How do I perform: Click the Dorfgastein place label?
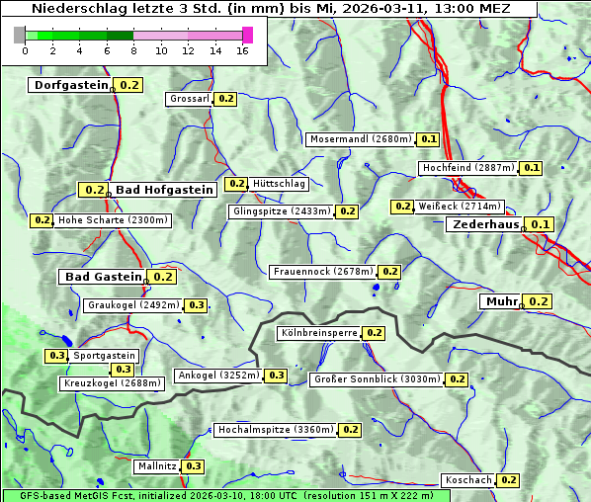tap(70, 85)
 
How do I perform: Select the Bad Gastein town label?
tap(104, 277)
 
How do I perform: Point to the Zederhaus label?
tap(485, 224)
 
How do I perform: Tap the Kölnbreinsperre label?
tap(318, 333)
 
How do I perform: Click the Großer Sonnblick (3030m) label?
tap(376, 379)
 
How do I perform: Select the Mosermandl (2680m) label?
tap(360, 139)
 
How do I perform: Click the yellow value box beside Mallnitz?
tap(193, 465)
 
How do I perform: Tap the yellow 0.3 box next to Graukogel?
tap(196, 305)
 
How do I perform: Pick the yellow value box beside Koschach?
tap(508, 479)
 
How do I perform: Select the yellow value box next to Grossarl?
tap(225, 99)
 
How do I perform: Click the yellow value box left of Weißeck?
tap(401, 207)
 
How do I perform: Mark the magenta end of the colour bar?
tap(247, 35)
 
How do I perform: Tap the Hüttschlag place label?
tap(280, 184)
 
